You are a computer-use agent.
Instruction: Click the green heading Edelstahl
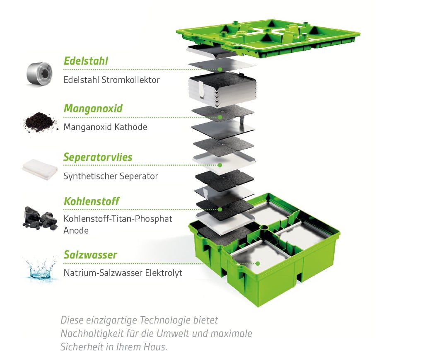tap(86, 61)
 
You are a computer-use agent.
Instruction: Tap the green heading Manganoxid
tap(93, 109)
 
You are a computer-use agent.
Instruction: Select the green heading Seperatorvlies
tap(98, 157)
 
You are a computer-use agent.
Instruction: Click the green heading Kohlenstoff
tap(92, 202)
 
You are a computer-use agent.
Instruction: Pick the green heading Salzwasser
tap(90, 255)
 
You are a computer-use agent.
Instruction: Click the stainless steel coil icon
tap(40, 74)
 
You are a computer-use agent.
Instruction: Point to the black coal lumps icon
tap(40, 218)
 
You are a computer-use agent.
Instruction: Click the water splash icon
tap(40, 269)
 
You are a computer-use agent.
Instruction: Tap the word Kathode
tap(131, 127)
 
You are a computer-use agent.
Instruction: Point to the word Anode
tap(76, 230)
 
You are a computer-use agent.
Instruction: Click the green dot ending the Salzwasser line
tap(258, 263)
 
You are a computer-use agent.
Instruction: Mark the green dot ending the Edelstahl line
tap(220, 69)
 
